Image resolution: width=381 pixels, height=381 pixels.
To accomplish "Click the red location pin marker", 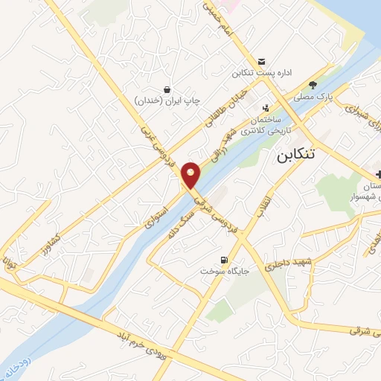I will pos(191,176).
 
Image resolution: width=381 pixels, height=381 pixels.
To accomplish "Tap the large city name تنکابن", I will pos(306,156).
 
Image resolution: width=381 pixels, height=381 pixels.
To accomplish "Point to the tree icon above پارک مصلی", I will pos(313,85).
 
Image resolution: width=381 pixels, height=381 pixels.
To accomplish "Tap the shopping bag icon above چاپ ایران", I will pos(167,89).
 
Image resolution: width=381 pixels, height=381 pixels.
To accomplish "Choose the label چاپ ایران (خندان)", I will pos(167,100).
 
